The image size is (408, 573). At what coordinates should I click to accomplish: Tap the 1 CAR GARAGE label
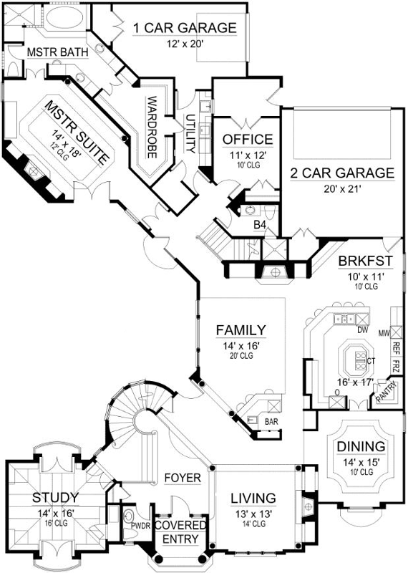click(184, 29)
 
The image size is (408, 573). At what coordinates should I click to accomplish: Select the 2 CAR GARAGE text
click(341, 173)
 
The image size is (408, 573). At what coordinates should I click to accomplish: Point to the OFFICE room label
click(247, 139)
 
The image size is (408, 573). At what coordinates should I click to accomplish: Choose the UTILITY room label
click(190, 133)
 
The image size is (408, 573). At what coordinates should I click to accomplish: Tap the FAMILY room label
click(241, 330)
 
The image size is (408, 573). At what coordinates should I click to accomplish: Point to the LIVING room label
click(253, 498)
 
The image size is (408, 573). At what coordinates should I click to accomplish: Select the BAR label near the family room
click(271, 423)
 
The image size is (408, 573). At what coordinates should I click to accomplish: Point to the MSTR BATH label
click(51, 53)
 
